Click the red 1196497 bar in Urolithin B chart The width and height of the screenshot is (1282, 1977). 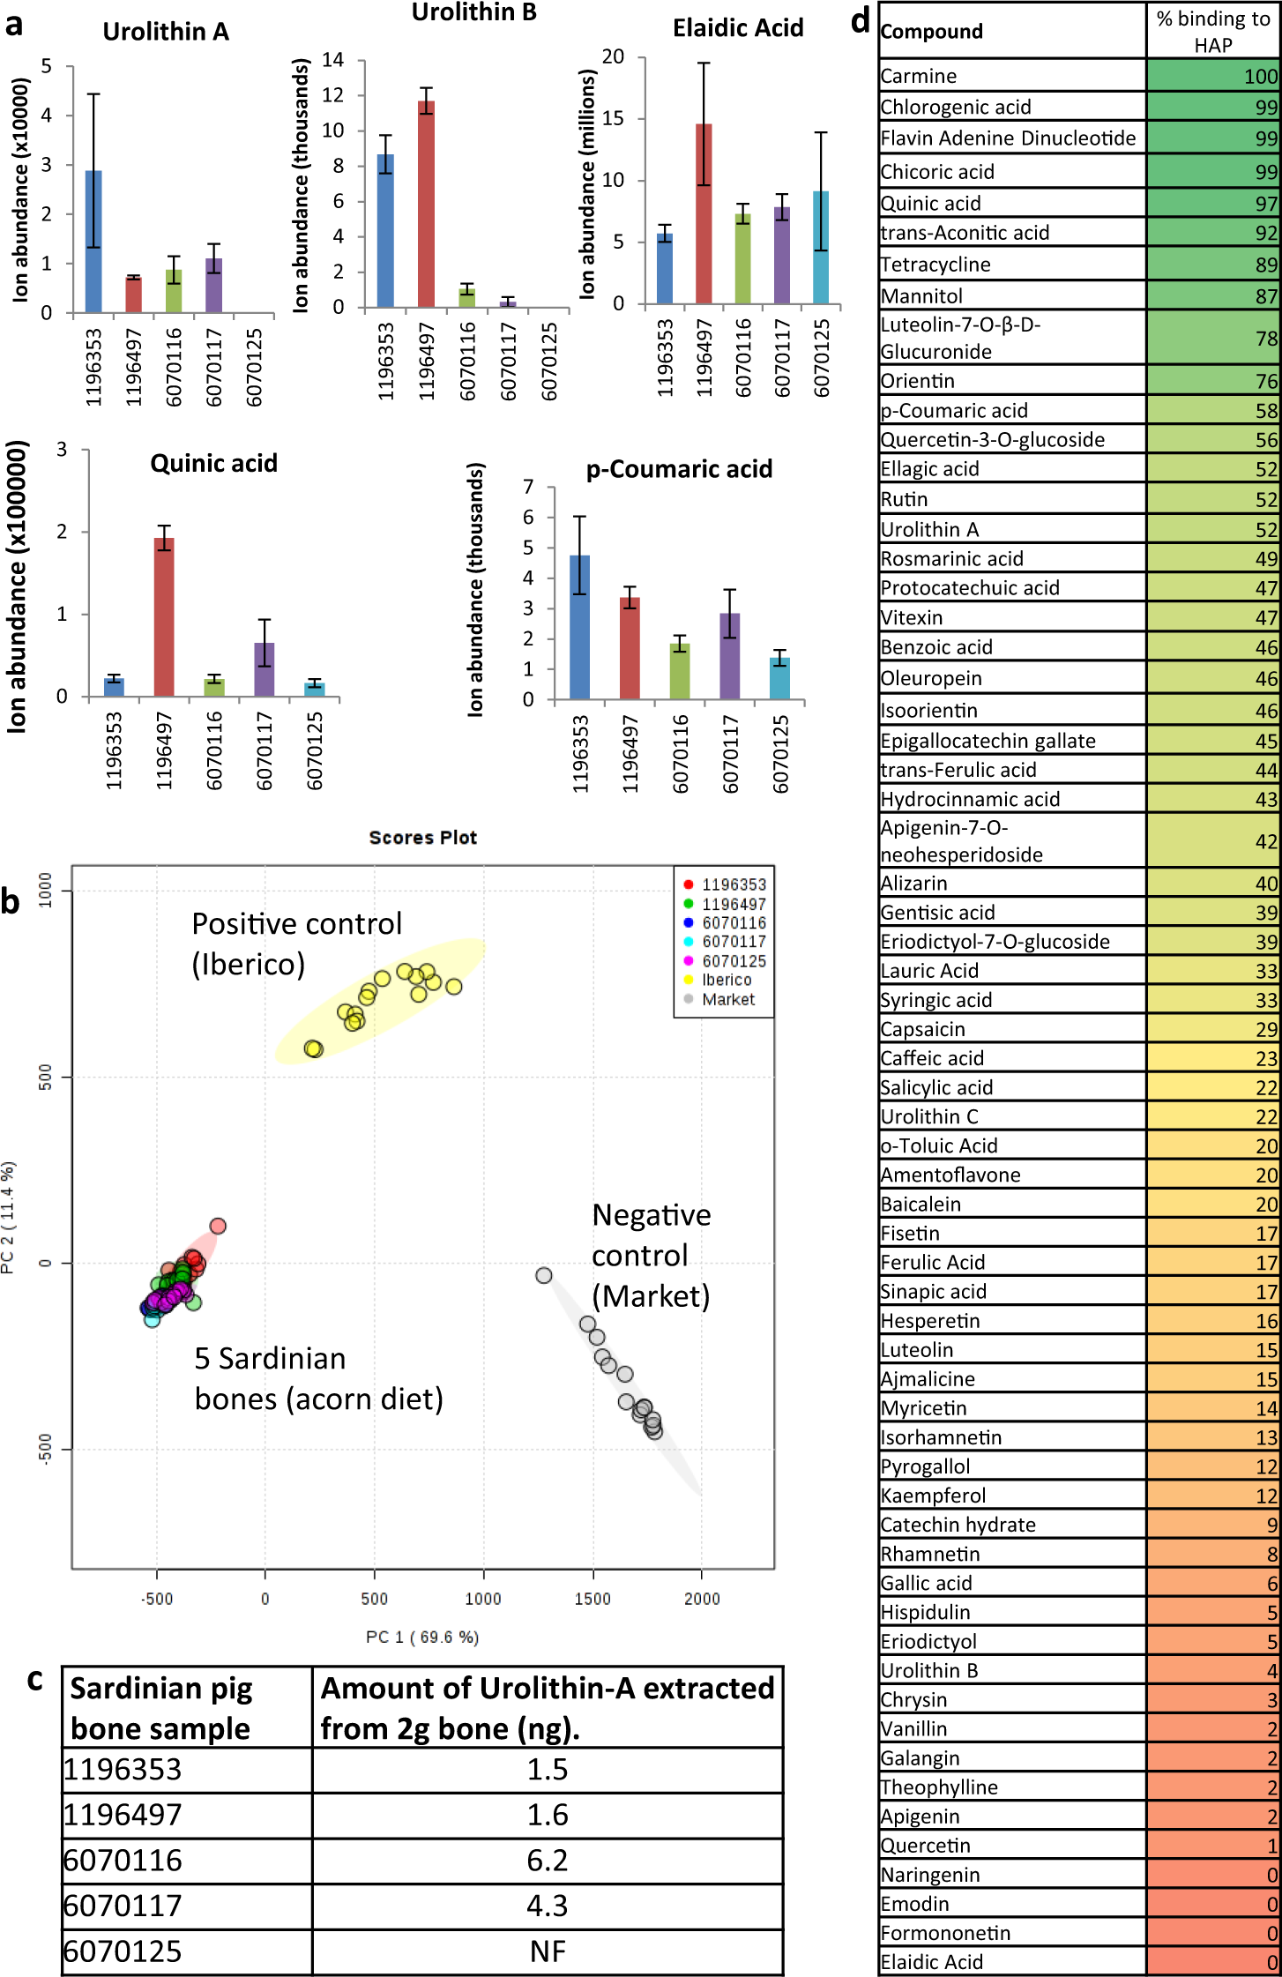coord(426,205)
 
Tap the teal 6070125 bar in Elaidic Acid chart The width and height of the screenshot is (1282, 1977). coord(821,248)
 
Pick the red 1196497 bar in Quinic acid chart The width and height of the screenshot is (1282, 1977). coord(164,617)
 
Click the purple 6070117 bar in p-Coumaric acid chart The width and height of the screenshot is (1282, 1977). coord(730,656)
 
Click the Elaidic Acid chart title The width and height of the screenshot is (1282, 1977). coord(738,28)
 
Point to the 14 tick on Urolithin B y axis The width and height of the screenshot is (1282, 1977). coord(333,60)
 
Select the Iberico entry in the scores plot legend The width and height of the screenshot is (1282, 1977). coord(727,980)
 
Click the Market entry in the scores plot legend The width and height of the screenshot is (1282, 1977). coord(728,999)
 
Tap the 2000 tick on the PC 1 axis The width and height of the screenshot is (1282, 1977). coord(702,1599)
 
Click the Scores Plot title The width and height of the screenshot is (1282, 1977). coord(423,838)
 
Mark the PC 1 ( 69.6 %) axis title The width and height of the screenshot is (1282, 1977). coord(422,1638)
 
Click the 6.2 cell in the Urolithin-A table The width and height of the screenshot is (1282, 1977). coord(547,1861)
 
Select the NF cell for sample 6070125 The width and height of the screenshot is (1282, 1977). coord(547,1951)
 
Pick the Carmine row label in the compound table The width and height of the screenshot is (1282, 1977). coord(919,76)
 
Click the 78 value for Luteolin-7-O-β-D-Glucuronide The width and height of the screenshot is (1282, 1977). coord(1266,339)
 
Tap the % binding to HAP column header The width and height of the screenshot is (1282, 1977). coord(1213,32)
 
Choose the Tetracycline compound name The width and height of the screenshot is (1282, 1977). coord(935,265)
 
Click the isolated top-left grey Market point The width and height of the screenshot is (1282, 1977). coord(544,1275)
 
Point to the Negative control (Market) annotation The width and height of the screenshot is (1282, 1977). coord(651,1255)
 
